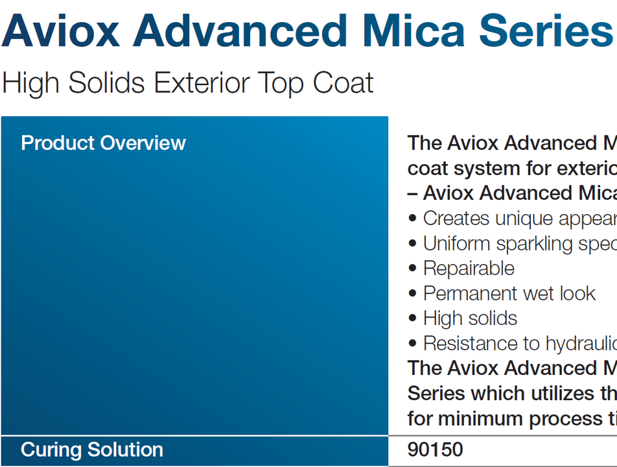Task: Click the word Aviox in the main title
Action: pos(62,30)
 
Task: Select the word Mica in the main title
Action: pos(419,30)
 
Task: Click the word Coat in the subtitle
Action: pos(343,83)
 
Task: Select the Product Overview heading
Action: pos(103,143)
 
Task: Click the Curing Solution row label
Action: pos(92,449)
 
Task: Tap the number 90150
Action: pos(435,449)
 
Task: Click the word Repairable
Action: pos(469,269)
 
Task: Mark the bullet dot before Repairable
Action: pos(413,269)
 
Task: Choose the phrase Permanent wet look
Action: pos(509,293)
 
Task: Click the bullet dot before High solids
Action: pos(413,319)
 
